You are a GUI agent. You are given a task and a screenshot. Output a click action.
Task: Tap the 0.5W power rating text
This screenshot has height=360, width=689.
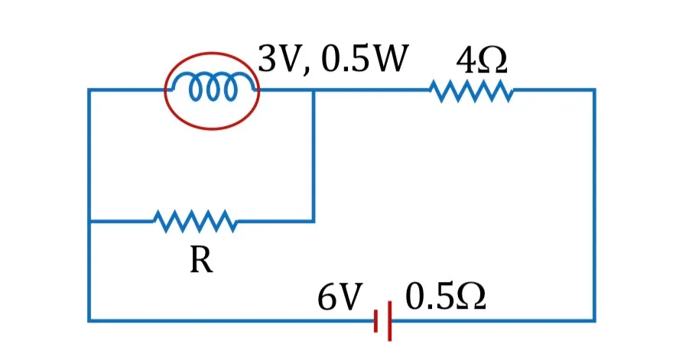point(365,58)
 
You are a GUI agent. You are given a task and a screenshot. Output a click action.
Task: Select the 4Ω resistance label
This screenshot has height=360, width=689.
point(481,60)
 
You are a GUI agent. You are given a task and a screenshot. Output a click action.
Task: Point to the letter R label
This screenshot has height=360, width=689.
point(201,260)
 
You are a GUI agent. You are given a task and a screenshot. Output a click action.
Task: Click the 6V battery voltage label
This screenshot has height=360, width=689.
point(340,297)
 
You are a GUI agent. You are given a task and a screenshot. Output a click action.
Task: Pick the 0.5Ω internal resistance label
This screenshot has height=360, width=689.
point(445,297)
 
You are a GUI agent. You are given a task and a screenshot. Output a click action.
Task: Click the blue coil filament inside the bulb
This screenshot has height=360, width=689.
point(213,86)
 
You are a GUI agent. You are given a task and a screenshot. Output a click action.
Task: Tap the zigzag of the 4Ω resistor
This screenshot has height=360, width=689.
point(471,91)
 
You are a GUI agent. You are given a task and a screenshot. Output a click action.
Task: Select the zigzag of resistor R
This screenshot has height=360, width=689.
point(196,221)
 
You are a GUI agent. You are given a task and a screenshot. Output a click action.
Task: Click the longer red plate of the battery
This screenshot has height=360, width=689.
point(390,321)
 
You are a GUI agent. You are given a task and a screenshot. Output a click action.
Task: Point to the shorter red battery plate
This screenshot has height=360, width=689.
point(375,321)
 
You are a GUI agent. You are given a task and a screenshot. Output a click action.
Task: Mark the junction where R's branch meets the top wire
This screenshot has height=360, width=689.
point(314,90)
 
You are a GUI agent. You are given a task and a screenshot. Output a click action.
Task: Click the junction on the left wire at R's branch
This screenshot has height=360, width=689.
point(89,221)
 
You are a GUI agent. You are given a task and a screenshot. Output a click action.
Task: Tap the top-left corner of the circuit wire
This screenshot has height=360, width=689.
point(89,90)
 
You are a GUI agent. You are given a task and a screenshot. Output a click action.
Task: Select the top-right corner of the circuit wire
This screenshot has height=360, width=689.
point(594,90)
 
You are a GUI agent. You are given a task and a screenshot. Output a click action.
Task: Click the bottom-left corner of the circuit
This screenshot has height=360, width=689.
point(89,320)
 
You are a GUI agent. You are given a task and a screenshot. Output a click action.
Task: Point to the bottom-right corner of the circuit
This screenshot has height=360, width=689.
point(594,320)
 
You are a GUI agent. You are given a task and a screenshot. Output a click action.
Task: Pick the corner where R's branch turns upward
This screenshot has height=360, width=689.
point(314,221)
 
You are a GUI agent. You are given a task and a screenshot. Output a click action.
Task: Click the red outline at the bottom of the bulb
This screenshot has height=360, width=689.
point(213,128)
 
